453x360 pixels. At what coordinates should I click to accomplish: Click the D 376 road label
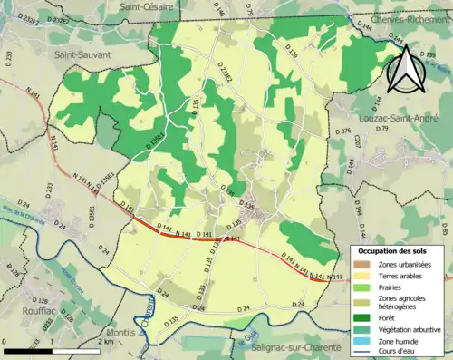342,131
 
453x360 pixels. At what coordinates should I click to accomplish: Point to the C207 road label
359,141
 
